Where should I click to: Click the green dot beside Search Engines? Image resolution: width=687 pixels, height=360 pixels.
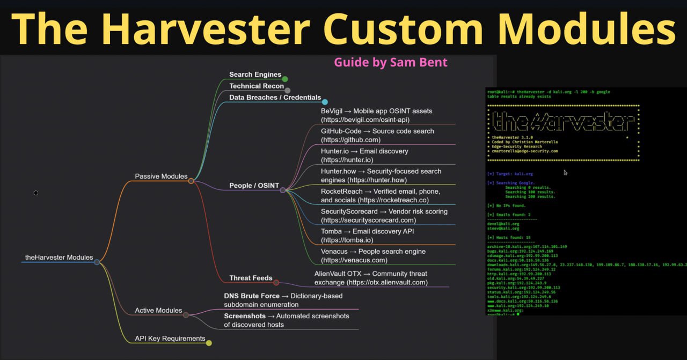click(x=285, y=79)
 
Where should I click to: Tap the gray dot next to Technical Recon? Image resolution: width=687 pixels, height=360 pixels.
click(x=288, y=90)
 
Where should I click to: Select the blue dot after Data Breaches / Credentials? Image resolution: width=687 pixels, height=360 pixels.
click(x=325, y=101)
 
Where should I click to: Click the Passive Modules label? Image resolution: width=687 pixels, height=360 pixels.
click(x=161, y=176)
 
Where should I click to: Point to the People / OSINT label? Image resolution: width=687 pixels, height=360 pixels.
click(x=254, y=186)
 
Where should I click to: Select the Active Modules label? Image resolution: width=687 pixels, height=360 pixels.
click(x=158, y=311)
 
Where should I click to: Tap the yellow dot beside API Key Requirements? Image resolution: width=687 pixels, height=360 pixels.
click(x=209, y=343)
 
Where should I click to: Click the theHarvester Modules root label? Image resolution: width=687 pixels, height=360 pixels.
click(x=59, y=258)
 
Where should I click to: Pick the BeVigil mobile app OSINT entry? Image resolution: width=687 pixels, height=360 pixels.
click(x=376, y=115)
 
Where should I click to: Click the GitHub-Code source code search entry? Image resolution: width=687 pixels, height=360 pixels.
click(x=377, y=135)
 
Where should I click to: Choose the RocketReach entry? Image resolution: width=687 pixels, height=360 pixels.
click(x=381, y=196)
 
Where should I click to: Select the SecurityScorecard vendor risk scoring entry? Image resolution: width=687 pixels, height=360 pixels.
click(x=384, y=216)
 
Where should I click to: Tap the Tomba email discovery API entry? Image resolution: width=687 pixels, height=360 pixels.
click(x=368, y=236)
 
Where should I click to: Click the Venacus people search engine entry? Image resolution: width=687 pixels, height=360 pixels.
click(x=373, y=255)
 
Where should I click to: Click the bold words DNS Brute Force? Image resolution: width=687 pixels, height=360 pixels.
click(x=252, y=296)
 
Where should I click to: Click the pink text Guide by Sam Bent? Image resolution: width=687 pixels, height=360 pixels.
click(x=391, y=62)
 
